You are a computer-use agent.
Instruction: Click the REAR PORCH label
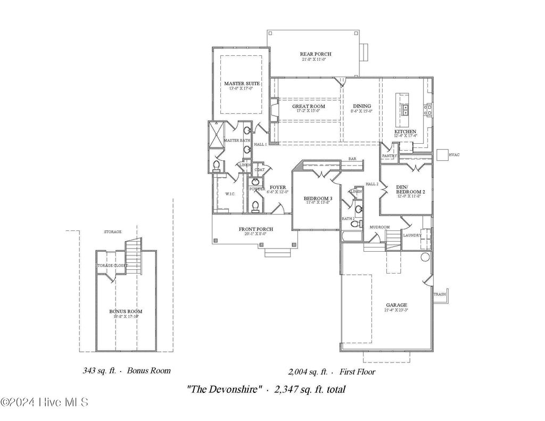[316, 54]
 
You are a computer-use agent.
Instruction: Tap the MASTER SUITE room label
[238, 84]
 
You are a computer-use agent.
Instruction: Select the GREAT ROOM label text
[308, 106]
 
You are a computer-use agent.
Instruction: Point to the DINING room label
[361, 106]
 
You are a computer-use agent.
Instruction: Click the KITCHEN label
[405, 131]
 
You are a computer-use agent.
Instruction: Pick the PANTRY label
[390, 156]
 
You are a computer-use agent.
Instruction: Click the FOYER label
[278, 187]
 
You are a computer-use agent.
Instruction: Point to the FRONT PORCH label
[255, 229]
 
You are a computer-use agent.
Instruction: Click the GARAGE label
[396, 305]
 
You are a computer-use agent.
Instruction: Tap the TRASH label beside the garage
[440, 294]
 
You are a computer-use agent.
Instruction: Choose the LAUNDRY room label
[412, 235]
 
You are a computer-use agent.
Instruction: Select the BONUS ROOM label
[126, 311]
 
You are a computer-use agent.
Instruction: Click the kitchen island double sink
[405, 110]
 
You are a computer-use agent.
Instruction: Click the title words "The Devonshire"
[224, 390]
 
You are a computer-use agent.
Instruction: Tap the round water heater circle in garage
[425, 257]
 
